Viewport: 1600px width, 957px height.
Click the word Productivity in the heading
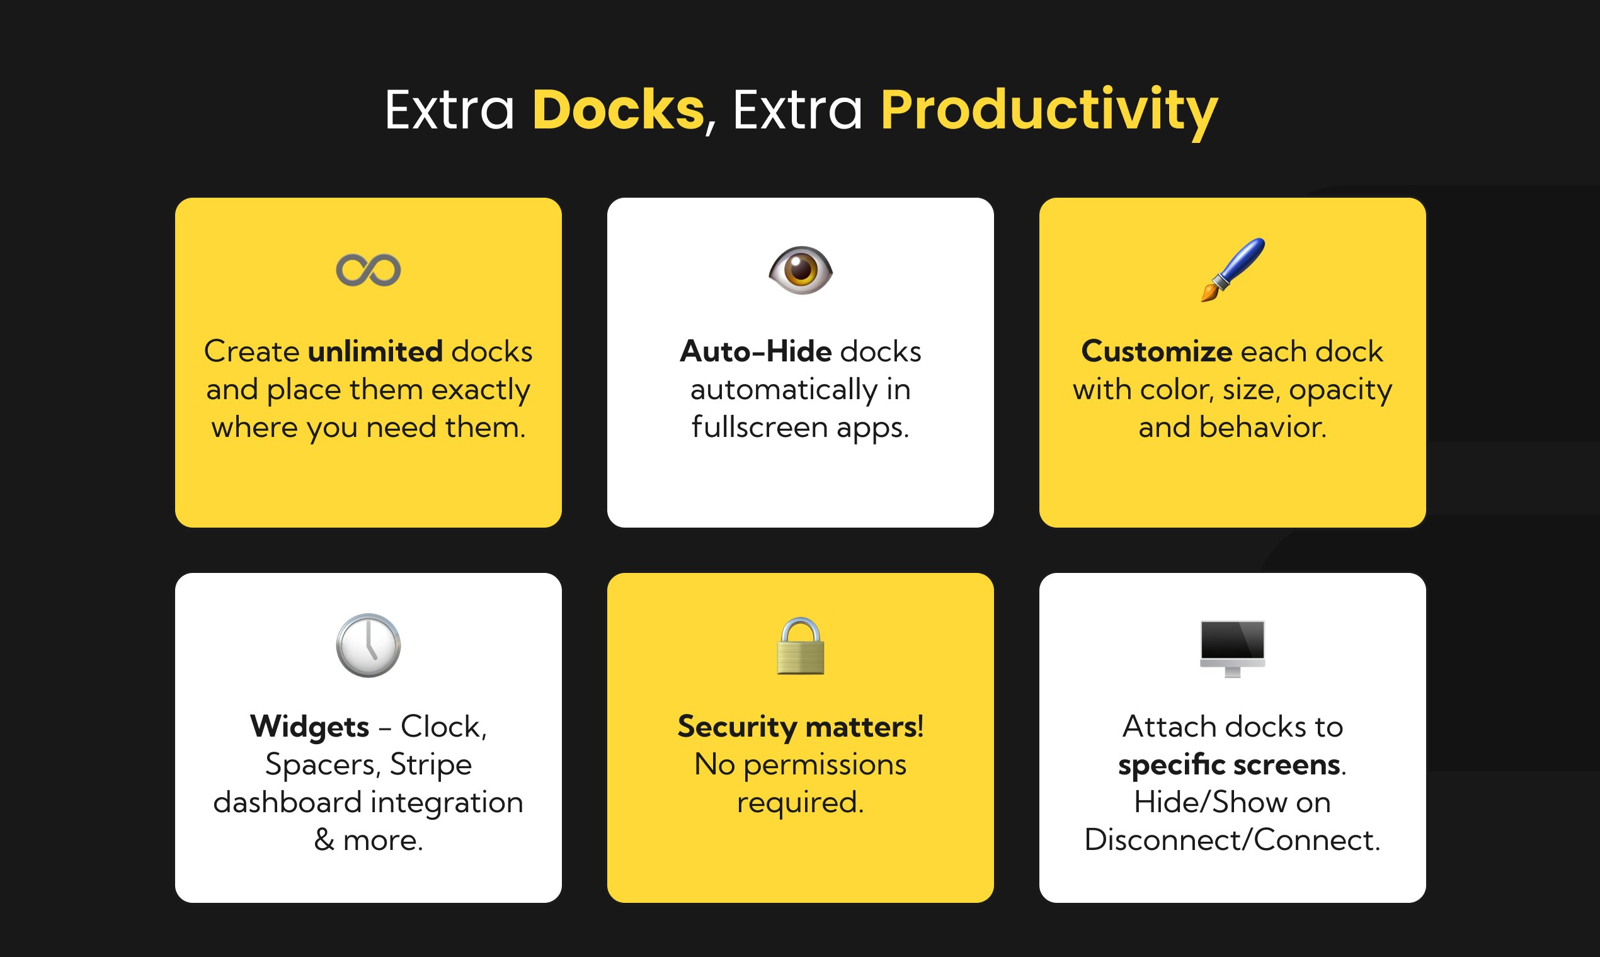1048,111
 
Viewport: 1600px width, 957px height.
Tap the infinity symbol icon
369,269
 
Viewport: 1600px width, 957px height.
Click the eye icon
800,269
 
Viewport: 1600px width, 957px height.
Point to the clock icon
369,645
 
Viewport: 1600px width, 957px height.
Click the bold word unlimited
375,351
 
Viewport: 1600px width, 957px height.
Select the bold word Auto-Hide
755,351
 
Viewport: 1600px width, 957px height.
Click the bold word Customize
1157,351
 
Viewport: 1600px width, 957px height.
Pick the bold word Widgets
310,727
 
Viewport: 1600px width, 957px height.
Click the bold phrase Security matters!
800,727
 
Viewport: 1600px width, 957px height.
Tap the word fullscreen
759,427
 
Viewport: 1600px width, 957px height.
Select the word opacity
1340,390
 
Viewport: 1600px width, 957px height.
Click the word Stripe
430,765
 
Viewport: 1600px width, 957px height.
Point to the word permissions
825,766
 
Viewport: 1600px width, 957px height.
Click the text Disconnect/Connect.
1232,840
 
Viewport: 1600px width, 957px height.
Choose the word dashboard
287,802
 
